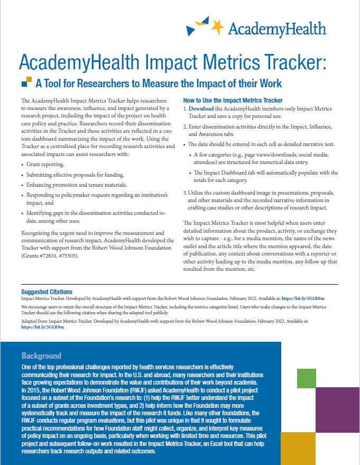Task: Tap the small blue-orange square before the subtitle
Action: pos(26,83)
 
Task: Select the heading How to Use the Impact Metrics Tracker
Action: pos(233,101)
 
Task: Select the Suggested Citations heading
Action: pos(47,291)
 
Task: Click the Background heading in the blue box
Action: pos(41,355)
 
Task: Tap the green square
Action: pos(307,378)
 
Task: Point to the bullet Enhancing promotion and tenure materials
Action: pos(77,185)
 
